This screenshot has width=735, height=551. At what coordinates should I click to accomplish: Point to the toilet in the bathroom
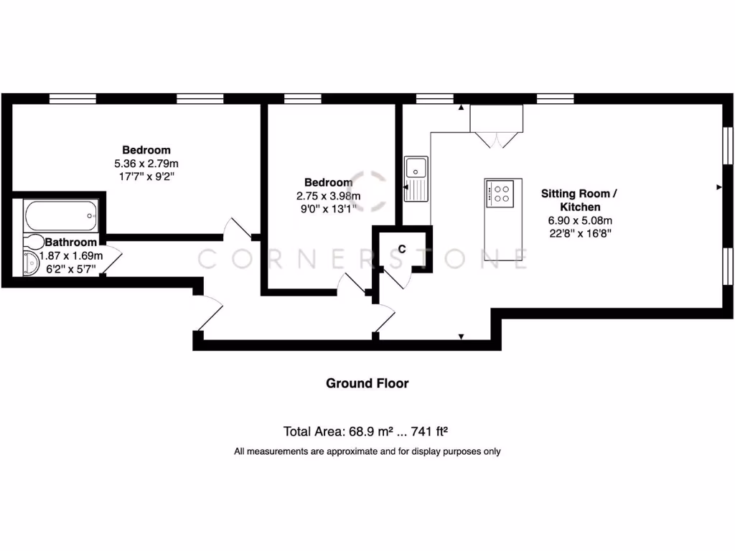tap(32, 243)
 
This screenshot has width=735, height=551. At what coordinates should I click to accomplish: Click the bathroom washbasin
tap(32, 264)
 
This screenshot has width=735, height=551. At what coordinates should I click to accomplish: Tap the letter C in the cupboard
tap(402, 249)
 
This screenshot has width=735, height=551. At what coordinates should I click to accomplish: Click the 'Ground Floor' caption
tap(367, 383)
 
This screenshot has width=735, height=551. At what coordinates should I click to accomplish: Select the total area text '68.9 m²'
tap(374, 431)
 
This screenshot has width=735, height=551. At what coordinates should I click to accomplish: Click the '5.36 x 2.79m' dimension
tap(146, 163)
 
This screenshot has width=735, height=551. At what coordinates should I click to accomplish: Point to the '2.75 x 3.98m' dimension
tap(328, 196)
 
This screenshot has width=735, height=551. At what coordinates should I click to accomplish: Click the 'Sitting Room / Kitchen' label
tap(579, 200)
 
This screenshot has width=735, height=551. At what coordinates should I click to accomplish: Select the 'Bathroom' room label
tap(70, 242)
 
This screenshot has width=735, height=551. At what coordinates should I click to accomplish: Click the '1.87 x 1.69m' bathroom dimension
tap(71, 255)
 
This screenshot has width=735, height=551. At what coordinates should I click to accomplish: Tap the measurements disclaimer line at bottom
tap(367, 451)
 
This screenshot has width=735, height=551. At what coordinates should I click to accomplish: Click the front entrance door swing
tap(210, 313)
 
